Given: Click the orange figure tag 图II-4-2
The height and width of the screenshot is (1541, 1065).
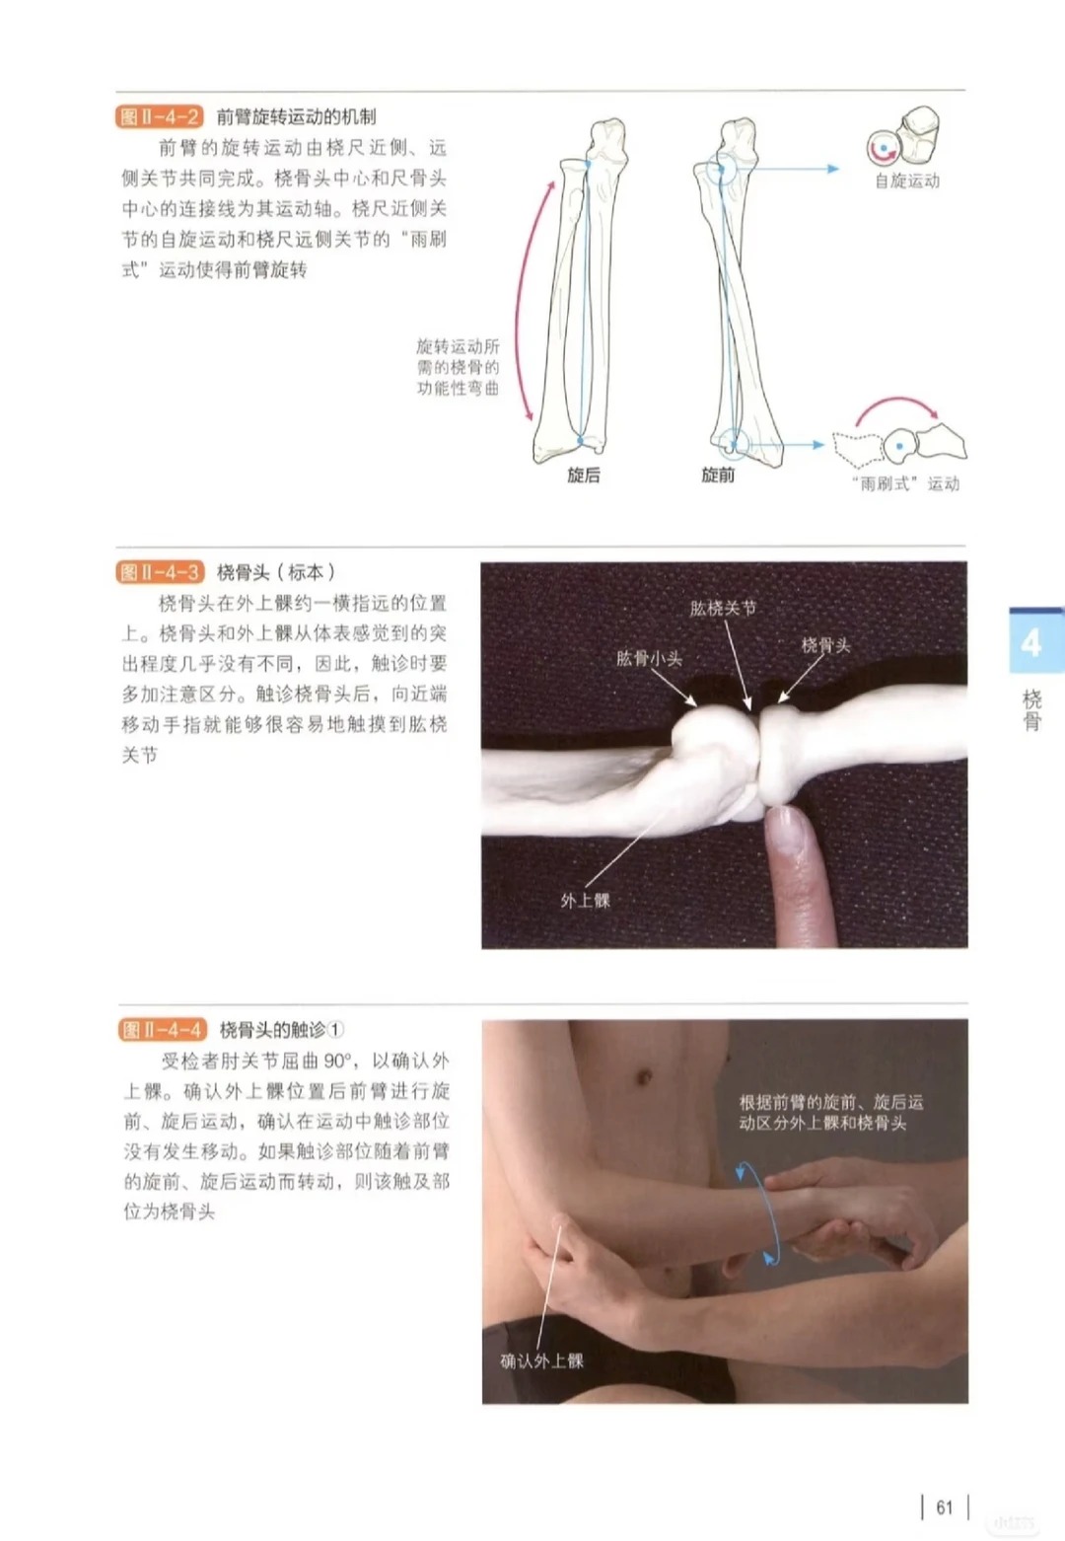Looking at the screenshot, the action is (159, 116).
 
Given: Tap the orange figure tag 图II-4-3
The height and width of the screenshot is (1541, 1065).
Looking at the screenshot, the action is (160, 572).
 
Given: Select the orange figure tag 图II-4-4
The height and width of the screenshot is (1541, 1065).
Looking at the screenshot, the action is (163, 1030).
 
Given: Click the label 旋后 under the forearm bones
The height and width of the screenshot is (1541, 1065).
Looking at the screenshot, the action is (583, 475).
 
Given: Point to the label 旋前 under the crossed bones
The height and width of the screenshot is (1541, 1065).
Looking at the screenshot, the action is (718, 475).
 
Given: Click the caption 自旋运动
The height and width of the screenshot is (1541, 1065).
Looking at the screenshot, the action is (907, 181).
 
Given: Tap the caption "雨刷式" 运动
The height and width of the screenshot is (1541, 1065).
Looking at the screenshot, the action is (905, 483).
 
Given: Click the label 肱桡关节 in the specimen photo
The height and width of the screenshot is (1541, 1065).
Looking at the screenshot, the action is (723, 608).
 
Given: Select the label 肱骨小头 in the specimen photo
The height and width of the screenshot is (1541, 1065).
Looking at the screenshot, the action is (648, 658).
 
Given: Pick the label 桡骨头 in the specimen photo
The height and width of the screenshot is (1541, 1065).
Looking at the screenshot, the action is (825, 645).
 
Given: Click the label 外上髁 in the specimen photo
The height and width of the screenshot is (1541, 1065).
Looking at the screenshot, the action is (585, 901).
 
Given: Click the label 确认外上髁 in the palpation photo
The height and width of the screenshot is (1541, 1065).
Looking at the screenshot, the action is (541, 1360).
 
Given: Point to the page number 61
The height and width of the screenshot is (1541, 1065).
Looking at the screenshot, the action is (945, 1507).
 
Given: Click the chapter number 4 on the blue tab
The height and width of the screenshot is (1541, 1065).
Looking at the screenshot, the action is (1030, 643).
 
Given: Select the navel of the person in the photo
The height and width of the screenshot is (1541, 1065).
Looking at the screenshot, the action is (644, 1076).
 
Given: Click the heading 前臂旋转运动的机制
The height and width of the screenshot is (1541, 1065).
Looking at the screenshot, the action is (297, 116).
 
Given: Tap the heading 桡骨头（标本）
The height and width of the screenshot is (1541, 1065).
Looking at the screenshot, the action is (276, 572).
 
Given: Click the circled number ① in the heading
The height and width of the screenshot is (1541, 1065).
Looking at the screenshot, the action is (335, 1030).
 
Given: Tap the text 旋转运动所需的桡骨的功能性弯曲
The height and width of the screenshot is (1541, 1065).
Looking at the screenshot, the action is (458, 367).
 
